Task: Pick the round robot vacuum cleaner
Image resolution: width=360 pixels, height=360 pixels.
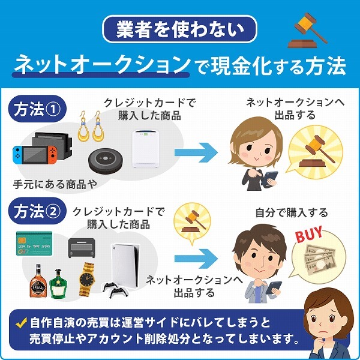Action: [x=108, y=161]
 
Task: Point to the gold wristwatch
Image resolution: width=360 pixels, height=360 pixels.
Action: [x=87, y=278]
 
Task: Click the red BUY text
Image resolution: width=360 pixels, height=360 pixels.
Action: [x=309, y=235]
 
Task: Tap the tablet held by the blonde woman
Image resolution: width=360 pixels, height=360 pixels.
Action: [x=272, y=178]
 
